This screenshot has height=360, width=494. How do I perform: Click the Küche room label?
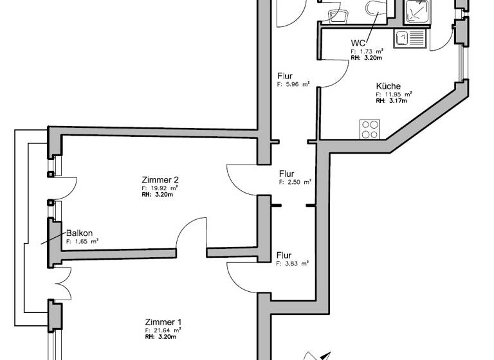[x=389, y=86]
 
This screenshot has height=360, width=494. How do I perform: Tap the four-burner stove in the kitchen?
[x=369, y=129]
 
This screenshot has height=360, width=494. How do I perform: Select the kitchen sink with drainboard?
[x=410, y=40]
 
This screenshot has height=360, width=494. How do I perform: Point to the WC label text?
[x=358, y=42]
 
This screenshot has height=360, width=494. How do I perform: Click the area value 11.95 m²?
[x=393, y=94]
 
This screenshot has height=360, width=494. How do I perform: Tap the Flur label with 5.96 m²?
[x=285, y=75]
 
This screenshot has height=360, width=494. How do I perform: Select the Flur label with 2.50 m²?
[x=287, y=174]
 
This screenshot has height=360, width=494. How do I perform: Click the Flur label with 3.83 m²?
[x=284, y=255]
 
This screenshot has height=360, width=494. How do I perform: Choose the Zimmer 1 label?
[x=163, y=322]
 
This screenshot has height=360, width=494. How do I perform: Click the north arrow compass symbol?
[x=317, y=354]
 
